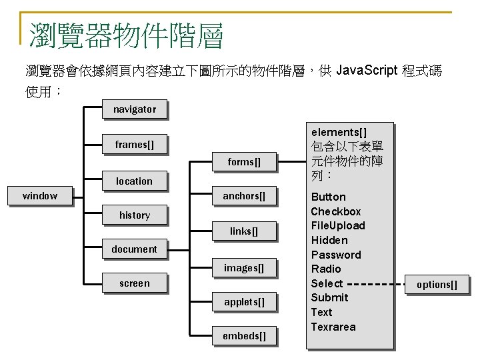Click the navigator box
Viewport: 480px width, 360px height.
click(134, 109)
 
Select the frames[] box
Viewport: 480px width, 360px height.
click(134, 145)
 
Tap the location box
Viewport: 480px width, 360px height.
click(134, 181)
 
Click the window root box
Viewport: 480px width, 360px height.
click(40, 196)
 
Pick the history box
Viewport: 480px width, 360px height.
click(134, 215)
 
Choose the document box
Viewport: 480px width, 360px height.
click(134, 249)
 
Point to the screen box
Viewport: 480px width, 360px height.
click(134, 283)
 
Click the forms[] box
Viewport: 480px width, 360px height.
click(243, 162)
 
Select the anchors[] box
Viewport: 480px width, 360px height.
click(243, 196)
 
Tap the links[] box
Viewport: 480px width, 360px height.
click(243, 231)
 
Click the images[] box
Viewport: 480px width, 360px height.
click(243, 268)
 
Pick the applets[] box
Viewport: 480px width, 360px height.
click(243, 302)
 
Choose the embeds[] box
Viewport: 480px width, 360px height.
click(243, 336)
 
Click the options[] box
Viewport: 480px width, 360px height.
click(437, 285)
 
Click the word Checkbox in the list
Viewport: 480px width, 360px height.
click(335, 211)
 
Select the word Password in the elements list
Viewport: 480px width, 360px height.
click(335, 255)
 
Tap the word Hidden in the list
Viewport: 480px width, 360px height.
click(329, 240)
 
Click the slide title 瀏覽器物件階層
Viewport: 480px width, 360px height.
click(126, 35)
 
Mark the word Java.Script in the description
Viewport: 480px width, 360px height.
click(367, 71)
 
